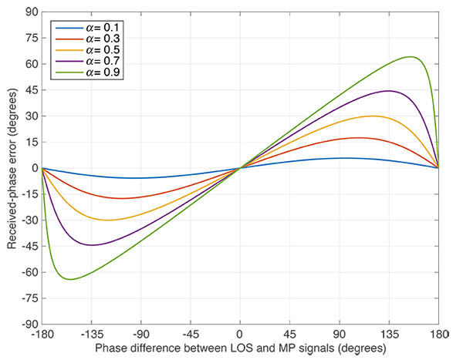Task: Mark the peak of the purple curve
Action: point(389,91)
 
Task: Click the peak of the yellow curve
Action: point(373,116)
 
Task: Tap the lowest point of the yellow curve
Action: point(109,220)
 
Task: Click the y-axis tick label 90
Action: point(31,12)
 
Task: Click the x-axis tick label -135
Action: point(91,336)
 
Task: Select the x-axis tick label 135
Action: point(389,336)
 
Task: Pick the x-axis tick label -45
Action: point(191,336)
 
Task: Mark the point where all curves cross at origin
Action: point(240,168)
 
